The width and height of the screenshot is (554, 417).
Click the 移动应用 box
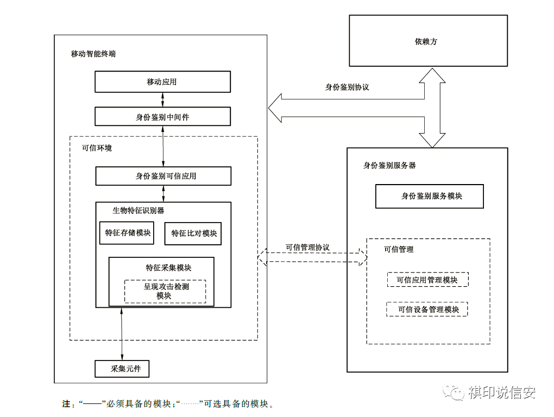click(x=162, y=82)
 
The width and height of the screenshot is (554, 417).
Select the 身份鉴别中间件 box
click(x=162, y=117)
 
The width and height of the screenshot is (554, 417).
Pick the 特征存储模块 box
click(x=127, y=233)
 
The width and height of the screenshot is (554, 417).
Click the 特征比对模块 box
click(x=193, y=233)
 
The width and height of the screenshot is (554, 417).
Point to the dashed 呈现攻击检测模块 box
click(x=165, y=291)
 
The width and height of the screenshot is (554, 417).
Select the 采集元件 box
click(x=122, y=369)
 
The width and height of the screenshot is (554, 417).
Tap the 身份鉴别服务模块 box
click(x=429, y=197)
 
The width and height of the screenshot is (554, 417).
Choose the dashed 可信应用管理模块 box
click(x=427, y=280)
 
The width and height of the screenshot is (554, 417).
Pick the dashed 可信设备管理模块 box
click(x=427, y=309)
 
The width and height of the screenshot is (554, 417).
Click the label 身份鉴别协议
click(x=347, y=87)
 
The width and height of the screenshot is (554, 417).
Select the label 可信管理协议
click(x=307, y=247)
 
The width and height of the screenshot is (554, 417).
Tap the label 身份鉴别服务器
click(x=389, y=165)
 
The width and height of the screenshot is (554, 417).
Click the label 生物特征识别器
click(x=138, y=210)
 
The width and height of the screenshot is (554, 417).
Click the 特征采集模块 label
click(x=168, y=268)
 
